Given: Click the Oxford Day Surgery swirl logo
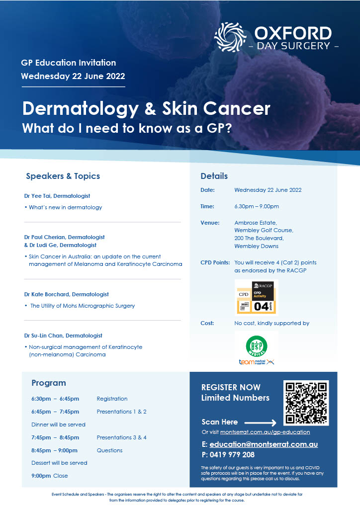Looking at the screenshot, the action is click(x=231, y=37).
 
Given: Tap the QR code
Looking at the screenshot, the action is click(x=306, y=403).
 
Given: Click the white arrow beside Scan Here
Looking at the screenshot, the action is click(x=261, y=423).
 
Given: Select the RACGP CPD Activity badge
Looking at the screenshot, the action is click(x=257, y=297).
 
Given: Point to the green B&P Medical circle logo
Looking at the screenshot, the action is click(x=257, y=345).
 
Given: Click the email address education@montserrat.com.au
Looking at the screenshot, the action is click(x=264, y=444).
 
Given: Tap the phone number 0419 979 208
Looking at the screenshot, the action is click(x=232, y=455).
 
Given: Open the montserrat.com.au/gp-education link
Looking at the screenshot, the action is click(x=265, y=432).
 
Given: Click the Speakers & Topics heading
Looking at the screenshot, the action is click(x=63, y=176).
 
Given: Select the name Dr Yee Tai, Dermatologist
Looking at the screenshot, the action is click(x=57, y=196).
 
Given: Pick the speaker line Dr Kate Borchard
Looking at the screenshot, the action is click(x=67, y=294).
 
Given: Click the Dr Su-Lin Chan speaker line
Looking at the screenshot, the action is click(x=63, y=336).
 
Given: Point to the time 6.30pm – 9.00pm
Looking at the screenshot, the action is click(x=257, y=206).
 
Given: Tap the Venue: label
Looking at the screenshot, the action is click(x=210, y=223).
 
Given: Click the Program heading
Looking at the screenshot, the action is click(x=49, y=383).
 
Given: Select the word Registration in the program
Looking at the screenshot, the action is click(x=112, y=399).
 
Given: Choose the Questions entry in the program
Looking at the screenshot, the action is click(x=109, y=450).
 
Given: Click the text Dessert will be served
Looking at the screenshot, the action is click(x=59, y=463).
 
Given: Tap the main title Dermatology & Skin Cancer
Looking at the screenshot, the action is click(x=146, y=108).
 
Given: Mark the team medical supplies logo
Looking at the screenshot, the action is click(x=257, y=362).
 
